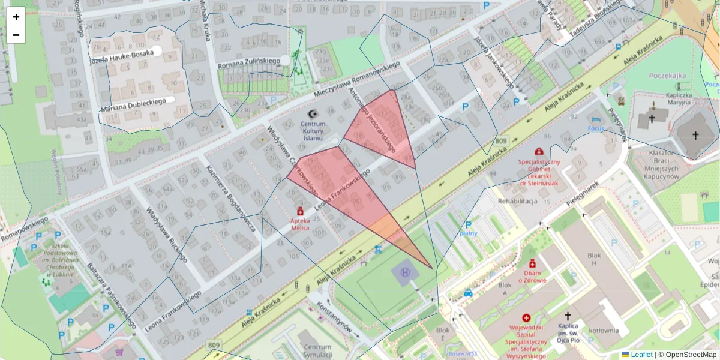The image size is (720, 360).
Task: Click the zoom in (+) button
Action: pyautogui.click(x=16, y=17)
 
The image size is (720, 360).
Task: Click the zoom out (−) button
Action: pyautogui.click(x=16, y=35)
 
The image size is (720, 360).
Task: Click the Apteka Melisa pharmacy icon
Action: pyautogui.click(x=300, y=211)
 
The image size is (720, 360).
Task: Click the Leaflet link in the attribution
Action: pyautogui.click(x=641, y=355)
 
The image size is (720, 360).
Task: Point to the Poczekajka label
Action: pyautogui.click(x=667, y=76)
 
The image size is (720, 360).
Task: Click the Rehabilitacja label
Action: pyautogui.click(x=517, y=201)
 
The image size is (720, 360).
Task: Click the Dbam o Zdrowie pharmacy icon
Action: pyautogui.click(x=532, y=263)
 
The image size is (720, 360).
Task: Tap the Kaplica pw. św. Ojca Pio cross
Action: pyautogui.click(x=568, y=315)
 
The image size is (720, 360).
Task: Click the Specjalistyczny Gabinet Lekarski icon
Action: pyautogui.click(x=539, y=151)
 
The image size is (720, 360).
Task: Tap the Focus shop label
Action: pyautogui.click(x=595, y=128)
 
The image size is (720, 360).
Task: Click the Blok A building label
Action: pyautogui.click(x=505, y=285)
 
